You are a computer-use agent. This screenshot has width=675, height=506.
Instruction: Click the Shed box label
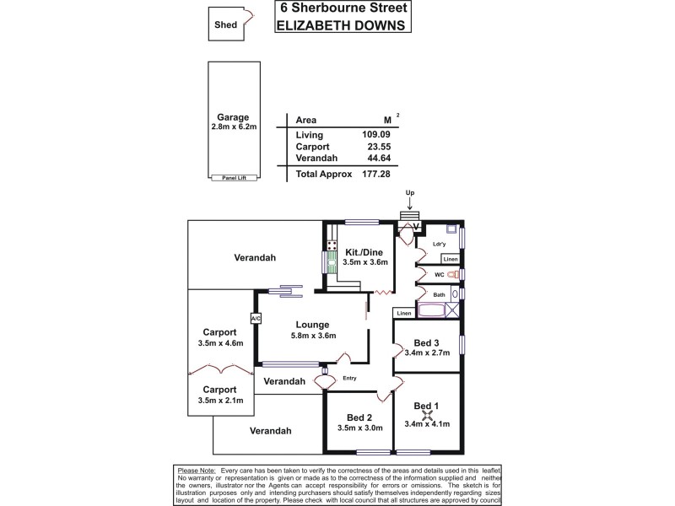[225, 25]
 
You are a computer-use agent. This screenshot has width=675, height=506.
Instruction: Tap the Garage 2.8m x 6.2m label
[234, 121]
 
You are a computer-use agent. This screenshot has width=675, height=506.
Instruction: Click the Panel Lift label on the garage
[234, 177]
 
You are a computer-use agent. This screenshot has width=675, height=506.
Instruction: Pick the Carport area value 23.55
[376, 146]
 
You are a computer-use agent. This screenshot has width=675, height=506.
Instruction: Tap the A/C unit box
[255, 318]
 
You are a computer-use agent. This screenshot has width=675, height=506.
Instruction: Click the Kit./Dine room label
[365, 251]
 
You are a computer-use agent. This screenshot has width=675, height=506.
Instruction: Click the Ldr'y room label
[439, 245]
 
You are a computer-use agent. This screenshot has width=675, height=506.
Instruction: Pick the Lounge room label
[312, 325]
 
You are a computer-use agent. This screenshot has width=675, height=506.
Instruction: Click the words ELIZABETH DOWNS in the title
[343, 24]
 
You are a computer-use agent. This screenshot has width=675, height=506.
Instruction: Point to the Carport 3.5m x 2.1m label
[219, 395]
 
